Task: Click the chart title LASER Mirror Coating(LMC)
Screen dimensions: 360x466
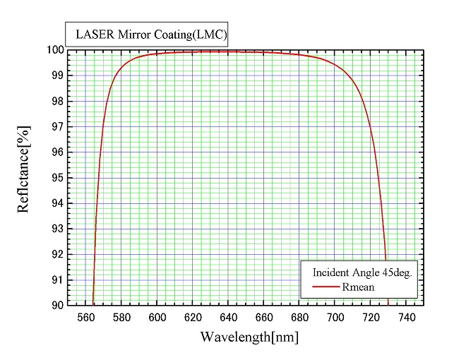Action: pos(146,33)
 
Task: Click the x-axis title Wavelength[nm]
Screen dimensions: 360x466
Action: pos(249,337)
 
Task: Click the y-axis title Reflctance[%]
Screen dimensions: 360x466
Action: pos(24,177)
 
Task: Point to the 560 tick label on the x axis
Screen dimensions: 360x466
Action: pos(85,317)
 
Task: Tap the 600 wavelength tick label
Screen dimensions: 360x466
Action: pos(157,317)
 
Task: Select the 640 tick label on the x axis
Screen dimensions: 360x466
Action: pos(228,317)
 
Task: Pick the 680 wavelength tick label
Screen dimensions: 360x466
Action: pos(299,317)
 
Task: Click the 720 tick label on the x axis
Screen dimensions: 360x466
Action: pos(371,317)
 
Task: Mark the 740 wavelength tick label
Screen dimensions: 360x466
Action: pos(406,317)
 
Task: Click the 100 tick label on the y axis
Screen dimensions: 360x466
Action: pos(55,50)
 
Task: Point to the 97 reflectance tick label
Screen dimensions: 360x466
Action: pos(58,127)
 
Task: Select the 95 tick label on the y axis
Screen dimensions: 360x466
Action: pos(58,178)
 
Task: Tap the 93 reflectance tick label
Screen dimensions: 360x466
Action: pos(58,229)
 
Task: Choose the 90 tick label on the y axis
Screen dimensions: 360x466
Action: pos(58,305)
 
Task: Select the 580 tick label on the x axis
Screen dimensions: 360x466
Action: pos(121,317)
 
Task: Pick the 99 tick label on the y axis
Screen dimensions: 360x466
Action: pos(58,76)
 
